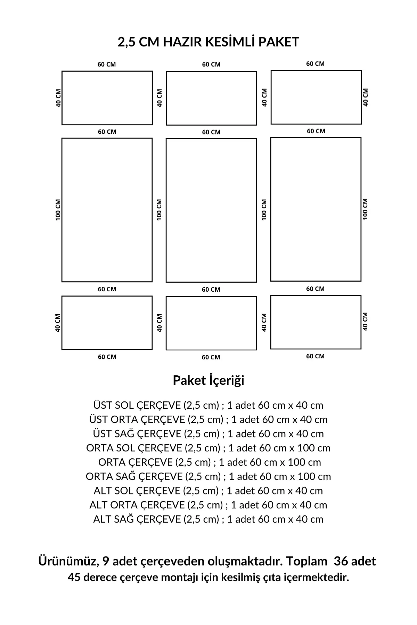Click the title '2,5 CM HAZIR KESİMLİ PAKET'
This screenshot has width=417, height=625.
coord(208,42)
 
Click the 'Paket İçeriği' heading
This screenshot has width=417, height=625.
coord(208,380)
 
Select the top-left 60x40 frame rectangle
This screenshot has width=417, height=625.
coord(107,98)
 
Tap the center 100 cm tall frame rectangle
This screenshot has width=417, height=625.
coord(211,210)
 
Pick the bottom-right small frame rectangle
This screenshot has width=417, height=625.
coord(316,322)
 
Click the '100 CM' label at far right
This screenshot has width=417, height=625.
coord(365,209)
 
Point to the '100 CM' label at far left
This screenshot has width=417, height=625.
coord(58,210)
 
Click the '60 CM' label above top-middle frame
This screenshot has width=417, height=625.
coord(211,65)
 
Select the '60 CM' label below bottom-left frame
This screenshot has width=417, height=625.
coord(107,357)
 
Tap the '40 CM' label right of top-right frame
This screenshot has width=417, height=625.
coord(365,97)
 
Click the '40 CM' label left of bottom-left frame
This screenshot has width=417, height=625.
coord(58,323)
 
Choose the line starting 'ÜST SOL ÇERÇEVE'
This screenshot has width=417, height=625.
coord(208,405)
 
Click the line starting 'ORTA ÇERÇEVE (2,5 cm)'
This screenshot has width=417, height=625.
coord(210,462)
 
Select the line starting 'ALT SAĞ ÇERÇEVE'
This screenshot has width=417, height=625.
coord(208,519)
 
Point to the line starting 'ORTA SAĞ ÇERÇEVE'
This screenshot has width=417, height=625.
coord(208,476)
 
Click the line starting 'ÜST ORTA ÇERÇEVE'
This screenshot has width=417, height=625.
coord(208,419)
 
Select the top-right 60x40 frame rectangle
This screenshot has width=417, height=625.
coord(316,97)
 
